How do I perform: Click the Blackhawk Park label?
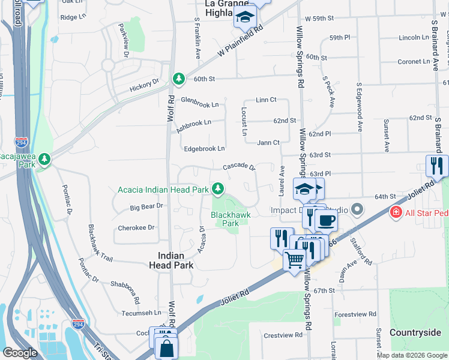[x=225, y=218]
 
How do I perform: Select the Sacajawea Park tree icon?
[x=44, y=160]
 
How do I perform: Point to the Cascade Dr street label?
[x=240, y=167]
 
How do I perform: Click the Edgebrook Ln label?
[x=204, y=148]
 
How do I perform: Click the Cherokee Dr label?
[x=136, y=227]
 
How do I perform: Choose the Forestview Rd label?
[x=355, y=314]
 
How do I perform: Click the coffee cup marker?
[x=326, y=220]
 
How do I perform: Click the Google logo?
[x=19, y=353]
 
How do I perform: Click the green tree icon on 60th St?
[x=178, y=78]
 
